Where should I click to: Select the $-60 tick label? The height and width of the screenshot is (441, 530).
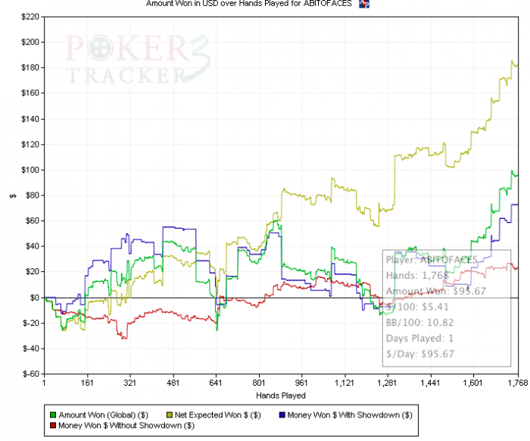point(30,374)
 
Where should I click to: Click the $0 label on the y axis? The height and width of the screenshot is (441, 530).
point(35,297)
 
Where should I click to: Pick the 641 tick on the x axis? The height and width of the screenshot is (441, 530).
point(217,384)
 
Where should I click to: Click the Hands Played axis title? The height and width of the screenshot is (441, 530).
point(280,395)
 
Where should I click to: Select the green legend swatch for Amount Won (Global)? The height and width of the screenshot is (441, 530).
point(52,414)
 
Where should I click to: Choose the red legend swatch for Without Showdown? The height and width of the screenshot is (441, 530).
point(52,425)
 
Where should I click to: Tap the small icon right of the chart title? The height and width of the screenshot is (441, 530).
point(363,5)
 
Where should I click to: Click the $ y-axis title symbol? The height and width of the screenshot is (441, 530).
point(11,195)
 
